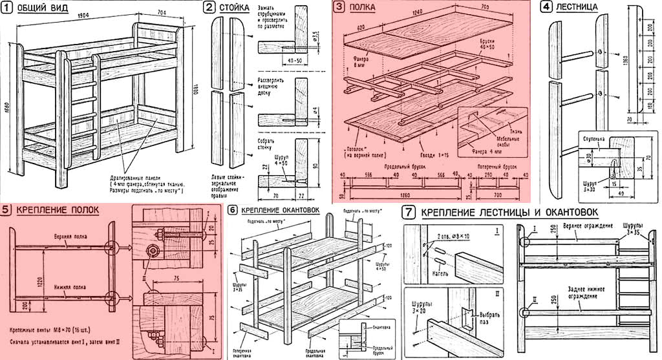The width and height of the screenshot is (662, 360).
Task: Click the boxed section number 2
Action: [209, 7]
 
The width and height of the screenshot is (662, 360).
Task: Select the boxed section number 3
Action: [339, 7]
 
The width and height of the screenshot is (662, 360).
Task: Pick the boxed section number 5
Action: [6, 210]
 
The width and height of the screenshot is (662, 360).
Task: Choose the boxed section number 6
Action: [232, 210]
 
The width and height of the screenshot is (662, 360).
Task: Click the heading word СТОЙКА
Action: [235, 8]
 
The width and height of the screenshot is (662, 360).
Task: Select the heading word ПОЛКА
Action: [364, 8]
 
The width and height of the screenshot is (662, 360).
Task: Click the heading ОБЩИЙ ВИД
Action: [38, 8]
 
